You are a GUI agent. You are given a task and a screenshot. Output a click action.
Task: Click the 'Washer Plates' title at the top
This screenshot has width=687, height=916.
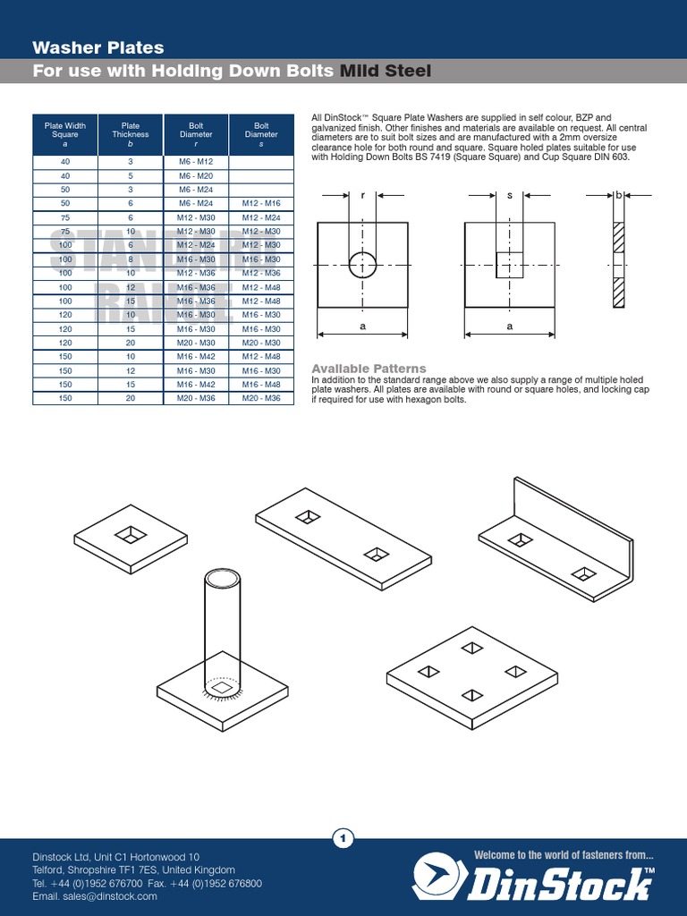coord(98,47)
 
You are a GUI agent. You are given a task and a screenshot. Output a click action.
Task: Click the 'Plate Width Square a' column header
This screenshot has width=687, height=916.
coord(65,135)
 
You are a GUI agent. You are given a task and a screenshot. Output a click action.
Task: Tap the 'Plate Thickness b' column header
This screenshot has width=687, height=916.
coord(131,135)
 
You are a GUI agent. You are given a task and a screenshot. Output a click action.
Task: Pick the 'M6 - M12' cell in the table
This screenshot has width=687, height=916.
coord(196,162)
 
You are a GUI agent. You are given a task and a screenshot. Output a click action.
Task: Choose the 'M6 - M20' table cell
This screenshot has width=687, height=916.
coord(196,176)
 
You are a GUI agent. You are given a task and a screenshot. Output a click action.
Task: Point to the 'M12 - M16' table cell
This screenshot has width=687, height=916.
coord(261,204)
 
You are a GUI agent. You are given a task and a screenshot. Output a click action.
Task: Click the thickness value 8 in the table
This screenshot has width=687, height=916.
coord(131,259)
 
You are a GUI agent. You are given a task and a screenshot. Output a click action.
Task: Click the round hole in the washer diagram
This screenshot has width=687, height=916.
coord(362,266)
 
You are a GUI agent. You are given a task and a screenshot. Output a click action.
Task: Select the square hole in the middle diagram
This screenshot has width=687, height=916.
coord(509,266)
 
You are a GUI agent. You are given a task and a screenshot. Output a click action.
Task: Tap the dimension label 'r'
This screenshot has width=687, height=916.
coord(362,194)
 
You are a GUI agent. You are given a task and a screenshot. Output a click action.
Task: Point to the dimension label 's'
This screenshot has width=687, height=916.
coord(509,194)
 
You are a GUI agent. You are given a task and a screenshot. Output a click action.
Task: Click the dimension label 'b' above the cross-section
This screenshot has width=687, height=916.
coord(617,194)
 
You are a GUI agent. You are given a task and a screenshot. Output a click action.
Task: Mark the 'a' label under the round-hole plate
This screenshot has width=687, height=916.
coord(362,327)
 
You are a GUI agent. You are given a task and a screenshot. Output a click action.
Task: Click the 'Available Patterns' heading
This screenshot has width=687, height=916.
coord(369,369)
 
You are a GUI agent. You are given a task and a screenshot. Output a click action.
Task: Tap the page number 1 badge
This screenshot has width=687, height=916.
coord(343,838)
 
